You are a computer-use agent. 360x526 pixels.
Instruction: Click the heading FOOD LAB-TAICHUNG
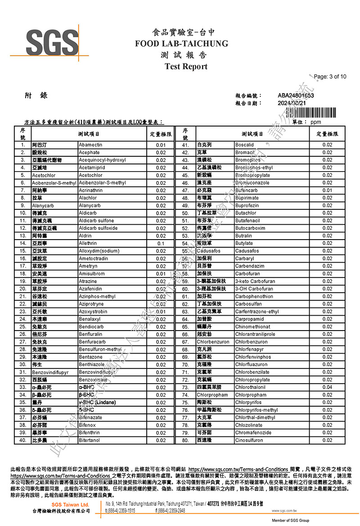pos(181,44)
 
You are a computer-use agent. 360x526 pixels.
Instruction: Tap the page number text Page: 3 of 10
pos(330,77)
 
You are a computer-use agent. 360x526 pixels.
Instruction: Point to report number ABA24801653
pos(296,95)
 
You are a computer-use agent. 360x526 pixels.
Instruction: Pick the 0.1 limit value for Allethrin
pos(161,243)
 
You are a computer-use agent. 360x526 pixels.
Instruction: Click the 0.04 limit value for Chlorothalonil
pos(327,387)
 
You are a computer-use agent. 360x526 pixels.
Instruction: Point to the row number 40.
pos(22,440)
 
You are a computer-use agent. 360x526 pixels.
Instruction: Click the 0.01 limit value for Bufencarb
pos(327,190)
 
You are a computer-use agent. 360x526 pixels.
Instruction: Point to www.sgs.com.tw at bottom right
pos(283,511)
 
